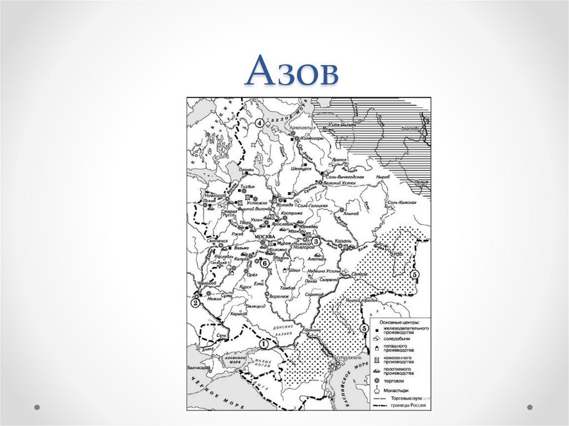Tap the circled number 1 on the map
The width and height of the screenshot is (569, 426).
[x=263, y=344]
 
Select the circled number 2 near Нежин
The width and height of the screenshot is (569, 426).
[x=195, y=303]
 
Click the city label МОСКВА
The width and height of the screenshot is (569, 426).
[x=264, y=237]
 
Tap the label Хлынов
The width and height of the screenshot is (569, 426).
[x=351, y=213]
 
